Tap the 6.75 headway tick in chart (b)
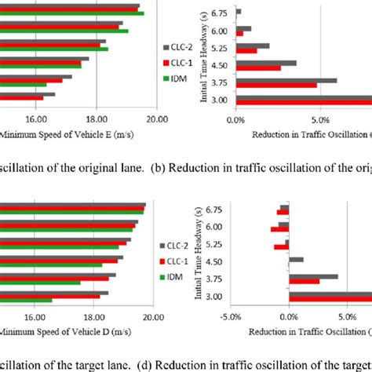click(x=223, y=13)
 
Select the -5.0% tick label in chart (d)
click(x=228, y=318)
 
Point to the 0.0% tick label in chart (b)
click(x=235, y=119)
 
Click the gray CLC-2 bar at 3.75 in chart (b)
click(x=286, y=80)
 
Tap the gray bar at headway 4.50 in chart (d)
click(x=296, y=259)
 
